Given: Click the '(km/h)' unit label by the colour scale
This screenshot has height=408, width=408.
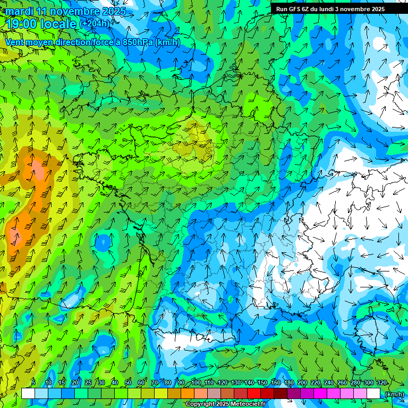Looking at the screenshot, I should click(394, 394).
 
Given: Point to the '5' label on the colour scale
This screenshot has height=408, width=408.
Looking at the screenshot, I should click(33, 383).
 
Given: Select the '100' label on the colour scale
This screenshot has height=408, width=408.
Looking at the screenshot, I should click(195, 383).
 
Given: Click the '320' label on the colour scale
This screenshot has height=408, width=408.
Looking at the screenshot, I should click(381, 383).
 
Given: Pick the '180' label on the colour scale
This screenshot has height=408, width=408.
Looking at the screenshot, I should click(288, 383).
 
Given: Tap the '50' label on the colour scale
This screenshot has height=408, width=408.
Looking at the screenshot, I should click(128, 383).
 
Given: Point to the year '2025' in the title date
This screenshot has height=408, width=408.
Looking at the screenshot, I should click(113, 11).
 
